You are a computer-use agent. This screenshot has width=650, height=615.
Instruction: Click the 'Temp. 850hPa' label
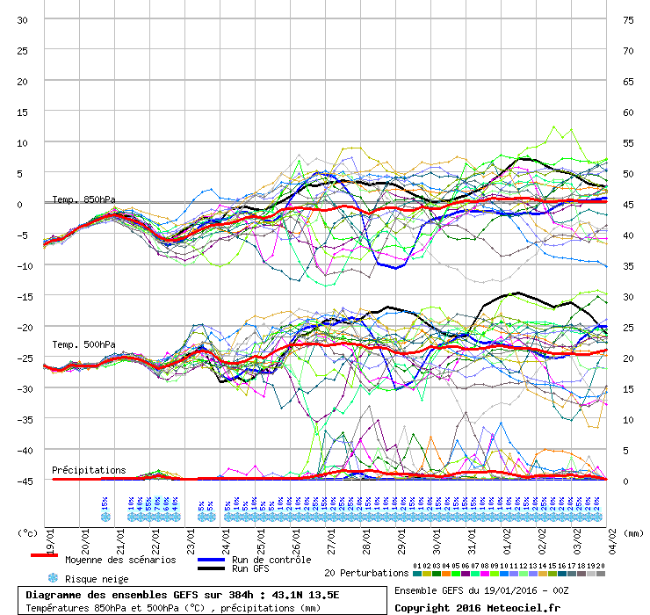[x=83, y=199]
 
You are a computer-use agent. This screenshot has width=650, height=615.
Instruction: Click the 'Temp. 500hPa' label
[x=83, y=344]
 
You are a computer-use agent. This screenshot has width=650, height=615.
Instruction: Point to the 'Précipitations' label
[x=89, y=470]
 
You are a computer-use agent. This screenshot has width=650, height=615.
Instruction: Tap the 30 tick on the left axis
[x=23, y=19]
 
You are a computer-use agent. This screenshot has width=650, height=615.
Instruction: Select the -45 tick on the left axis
[x=23, y=481]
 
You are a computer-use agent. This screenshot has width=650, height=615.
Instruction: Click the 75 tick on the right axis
[x=628, y=19]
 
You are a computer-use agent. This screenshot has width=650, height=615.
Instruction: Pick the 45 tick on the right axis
[x=628, y=204]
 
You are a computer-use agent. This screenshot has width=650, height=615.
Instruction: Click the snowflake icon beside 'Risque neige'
[x=52, y=578]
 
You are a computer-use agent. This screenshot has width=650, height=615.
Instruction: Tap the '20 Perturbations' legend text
[x=367, y=573]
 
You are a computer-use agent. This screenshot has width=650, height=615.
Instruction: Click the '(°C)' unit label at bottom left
[x=29, y=532]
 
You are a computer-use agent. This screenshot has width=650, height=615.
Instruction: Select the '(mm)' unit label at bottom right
[x=632, y=532]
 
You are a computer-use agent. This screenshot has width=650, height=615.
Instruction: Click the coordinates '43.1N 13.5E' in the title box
[x=307, y=595]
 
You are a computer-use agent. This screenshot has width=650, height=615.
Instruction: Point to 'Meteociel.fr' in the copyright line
[x=528, y=607]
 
